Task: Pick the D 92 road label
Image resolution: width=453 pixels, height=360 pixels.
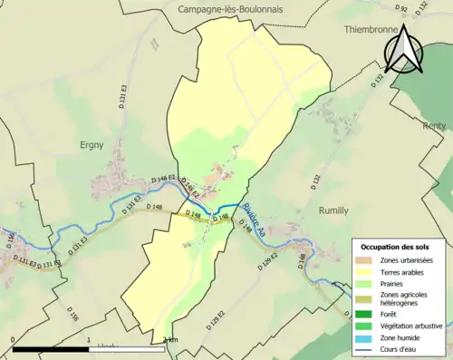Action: pyautogui.click(x=401, y=9)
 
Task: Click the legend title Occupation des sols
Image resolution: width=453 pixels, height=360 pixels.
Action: pyautogui.click(x=397, y=247)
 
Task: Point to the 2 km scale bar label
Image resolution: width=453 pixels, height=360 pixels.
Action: pyautogui.click(x=169, y=340)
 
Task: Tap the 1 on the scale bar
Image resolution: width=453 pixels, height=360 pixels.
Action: pyautogui.click(x=89, y=340)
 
